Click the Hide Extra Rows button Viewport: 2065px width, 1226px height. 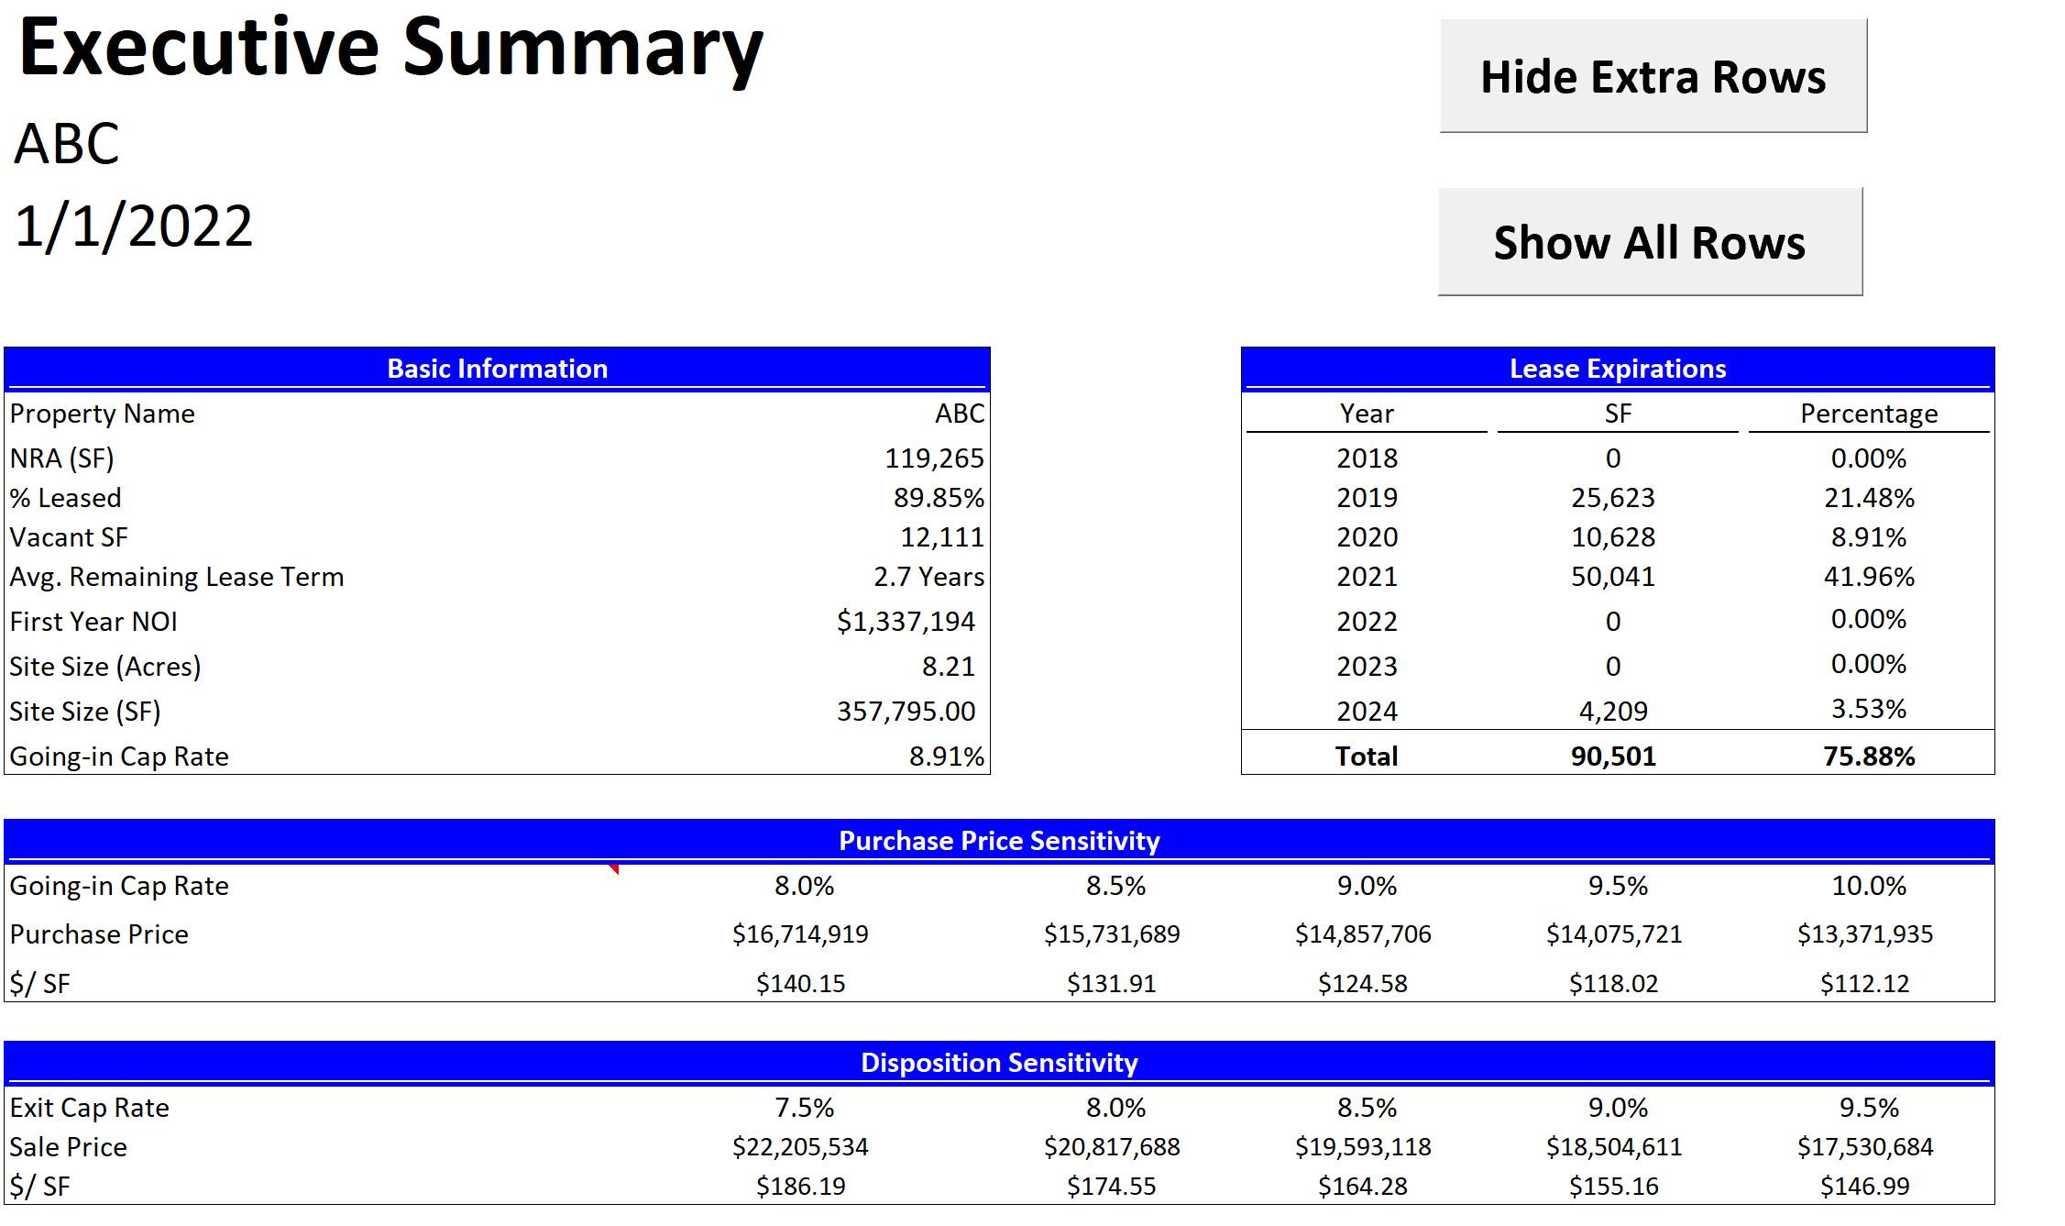tap(1653, 76)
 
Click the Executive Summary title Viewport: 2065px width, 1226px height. tap(390, 49)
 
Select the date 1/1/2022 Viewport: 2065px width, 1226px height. tap(134, 226)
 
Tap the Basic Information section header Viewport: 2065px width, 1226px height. tap(497, 369)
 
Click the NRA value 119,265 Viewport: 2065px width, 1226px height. tap(934, 458)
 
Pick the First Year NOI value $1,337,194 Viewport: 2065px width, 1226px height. tap(905, 622)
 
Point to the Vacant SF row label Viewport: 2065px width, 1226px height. tap(69, 537)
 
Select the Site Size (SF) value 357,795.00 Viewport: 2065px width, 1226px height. tap(906, 712)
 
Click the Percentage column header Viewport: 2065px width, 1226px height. tap(1868, 414)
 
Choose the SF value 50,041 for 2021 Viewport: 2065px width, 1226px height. tap(1613, 577)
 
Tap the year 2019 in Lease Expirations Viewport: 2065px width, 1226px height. tap(1367, 498)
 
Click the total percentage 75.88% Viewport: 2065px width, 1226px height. tap(1868, 757)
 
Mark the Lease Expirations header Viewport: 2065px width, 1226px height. tap(1618, 369)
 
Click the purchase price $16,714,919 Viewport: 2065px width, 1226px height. tap(800, 934)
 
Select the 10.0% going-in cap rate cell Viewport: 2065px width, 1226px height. tap(1868, 886)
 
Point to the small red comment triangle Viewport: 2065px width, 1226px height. tap(614, 868)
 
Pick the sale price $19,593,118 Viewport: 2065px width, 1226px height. tap(1363, 1147)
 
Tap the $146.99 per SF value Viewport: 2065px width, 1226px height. tap(1864, 1187)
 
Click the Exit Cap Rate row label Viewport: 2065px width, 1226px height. tap(90, 1108)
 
